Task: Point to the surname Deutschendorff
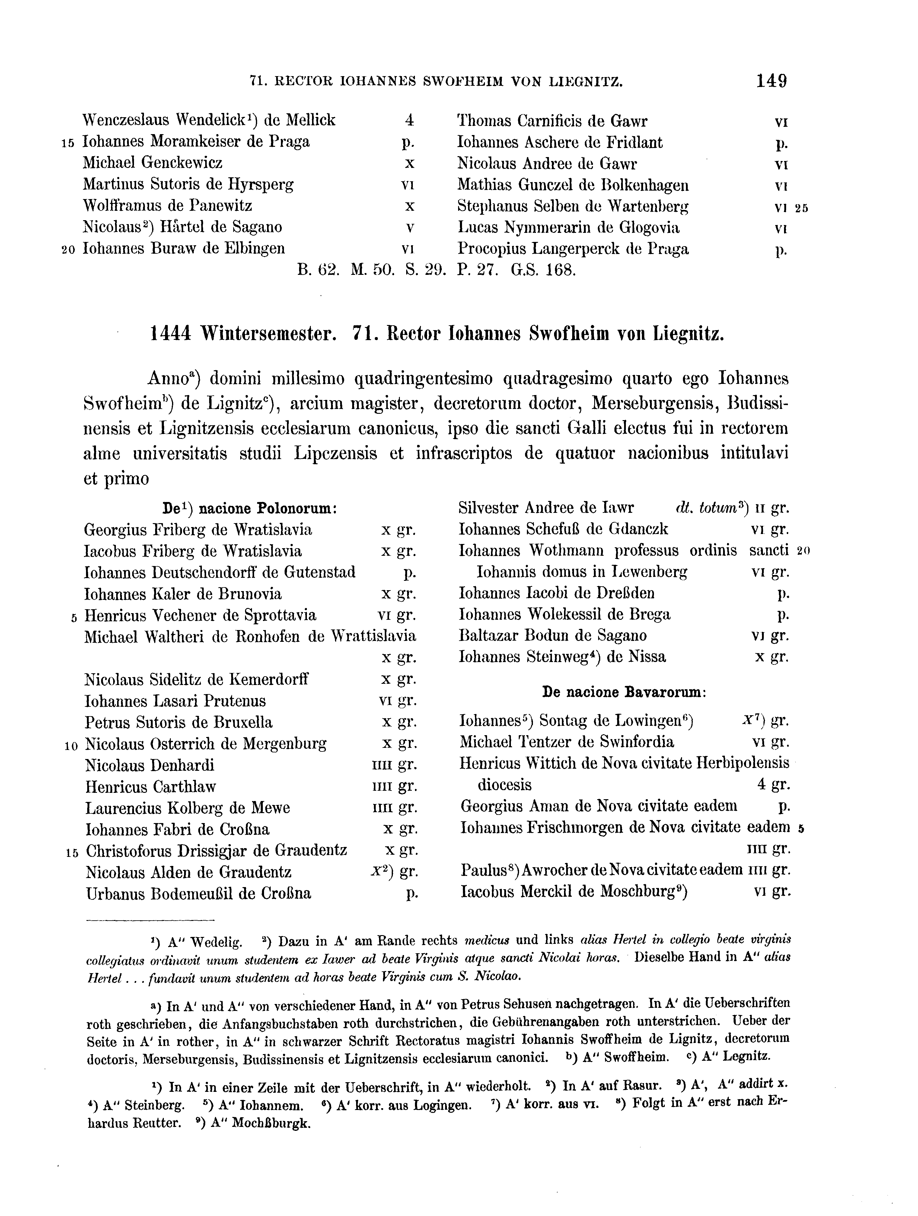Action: click(x=203, y=572)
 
